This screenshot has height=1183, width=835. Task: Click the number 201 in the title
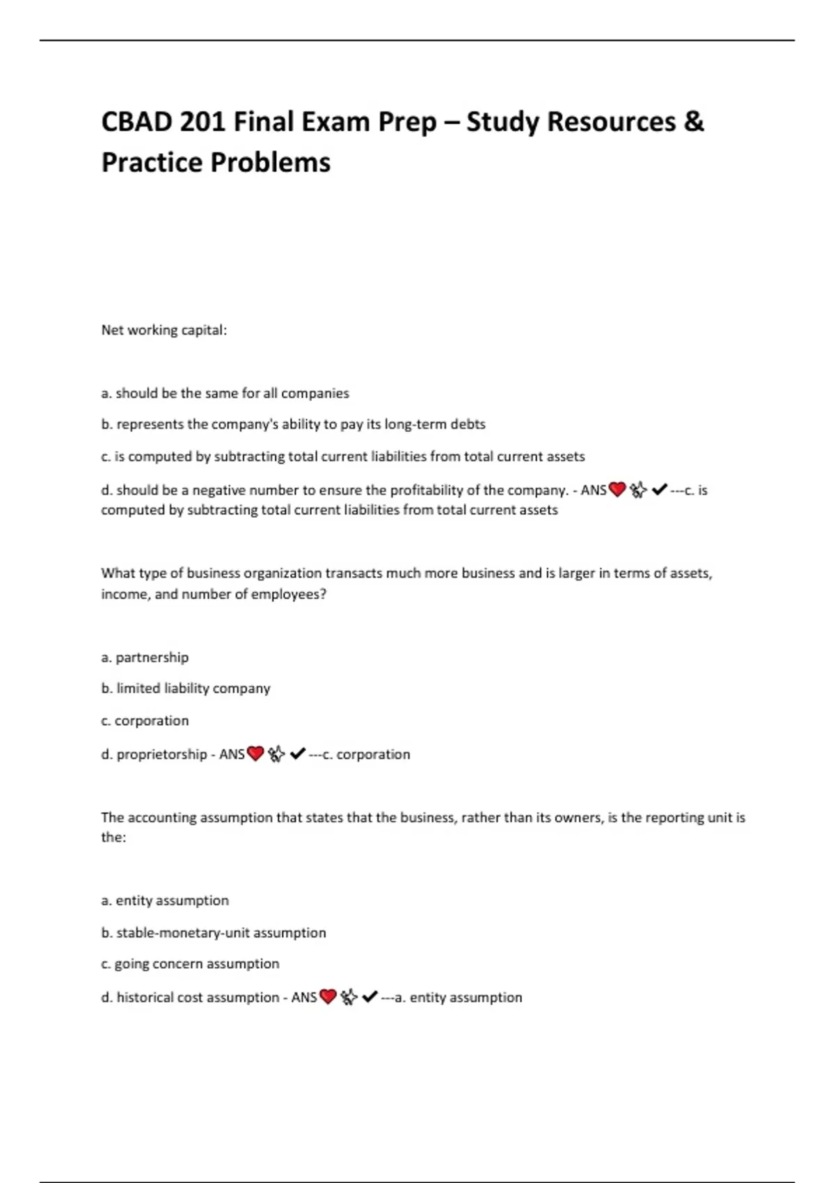202,122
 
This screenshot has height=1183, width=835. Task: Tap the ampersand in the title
694,122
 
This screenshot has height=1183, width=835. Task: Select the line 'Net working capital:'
164,330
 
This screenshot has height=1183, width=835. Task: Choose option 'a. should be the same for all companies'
225,393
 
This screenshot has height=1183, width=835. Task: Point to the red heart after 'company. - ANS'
617,490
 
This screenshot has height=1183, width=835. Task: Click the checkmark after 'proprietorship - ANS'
298,754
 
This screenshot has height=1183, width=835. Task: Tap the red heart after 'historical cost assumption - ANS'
328,997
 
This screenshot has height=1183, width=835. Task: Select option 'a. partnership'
145,657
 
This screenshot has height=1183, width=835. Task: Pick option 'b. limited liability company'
186,688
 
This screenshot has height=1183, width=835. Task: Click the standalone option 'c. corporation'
145,720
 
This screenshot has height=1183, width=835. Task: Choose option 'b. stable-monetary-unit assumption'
214,932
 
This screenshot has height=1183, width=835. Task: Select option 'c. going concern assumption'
190,964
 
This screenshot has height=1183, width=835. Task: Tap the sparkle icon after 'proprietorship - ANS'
277,754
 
